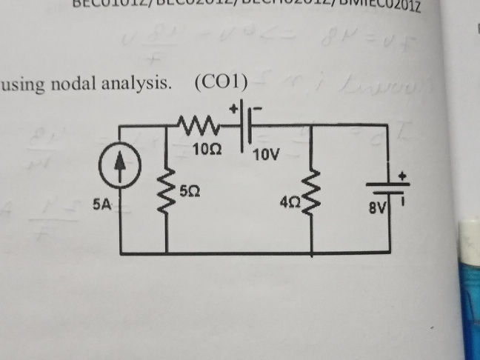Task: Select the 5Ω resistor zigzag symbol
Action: [x=166, y=194]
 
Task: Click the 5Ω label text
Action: [x=189, y=191]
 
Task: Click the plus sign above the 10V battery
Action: [x=236, y=108]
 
